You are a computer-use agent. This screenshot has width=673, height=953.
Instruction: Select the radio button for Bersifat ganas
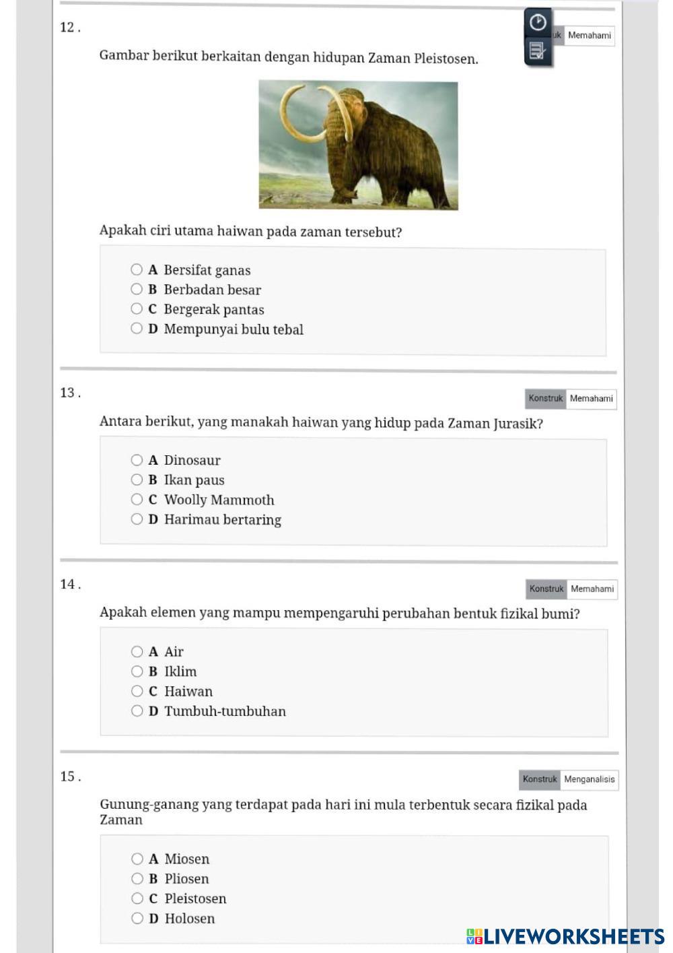137,270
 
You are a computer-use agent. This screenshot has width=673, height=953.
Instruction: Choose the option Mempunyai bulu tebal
137,329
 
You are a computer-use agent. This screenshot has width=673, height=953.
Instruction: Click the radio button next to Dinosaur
137,460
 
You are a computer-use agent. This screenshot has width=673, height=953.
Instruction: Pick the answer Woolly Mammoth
137,500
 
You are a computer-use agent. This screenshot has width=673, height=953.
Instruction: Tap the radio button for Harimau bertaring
137,519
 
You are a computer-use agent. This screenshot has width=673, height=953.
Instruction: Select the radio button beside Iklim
137,671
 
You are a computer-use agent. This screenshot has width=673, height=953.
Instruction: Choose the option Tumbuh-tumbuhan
137,711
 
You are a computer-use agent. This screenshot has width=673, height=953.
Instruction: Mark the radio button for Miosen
137,859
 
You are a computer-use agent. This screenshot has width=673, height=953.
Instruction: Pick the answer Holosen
137,918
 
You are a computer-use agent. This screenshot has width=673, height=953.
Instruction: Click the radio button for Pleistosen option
137,898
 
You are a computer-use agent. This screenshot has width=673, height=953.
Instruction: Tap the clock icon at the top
538,22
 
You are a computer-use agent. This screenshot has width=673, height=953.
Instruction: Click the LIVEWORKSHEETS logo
565,936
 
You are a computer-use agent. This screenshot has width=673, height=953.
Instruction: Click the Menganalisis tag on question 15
589,779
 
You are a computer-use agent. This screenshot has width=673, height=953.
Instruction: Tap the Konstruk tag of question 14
546,589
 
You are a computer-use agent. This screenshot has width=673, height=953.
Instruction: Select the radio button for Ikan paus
137,480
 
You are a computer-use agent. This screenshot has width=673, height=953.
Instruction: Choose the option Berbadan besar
137,290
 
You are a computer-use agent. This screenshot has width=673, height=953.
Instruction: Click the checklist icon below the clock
537,51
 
